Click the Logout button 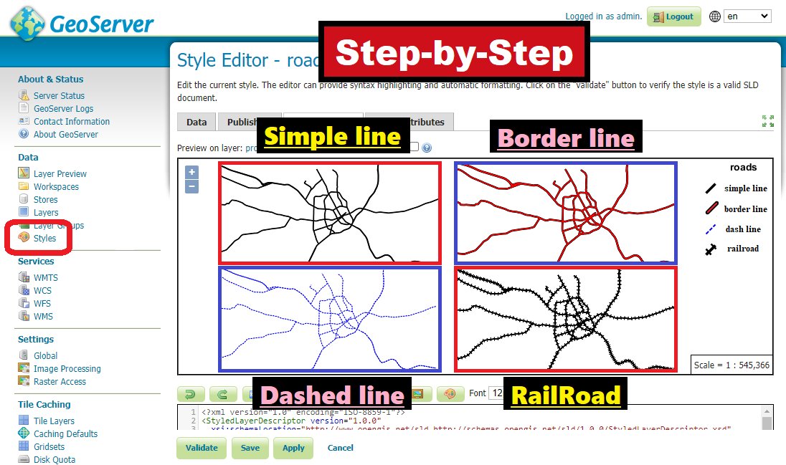tap(673, 16)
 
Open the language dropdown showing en tap(747, 16)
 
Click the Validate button tap(202, 448)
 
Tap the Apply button tap(293, 448)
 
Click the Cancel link tap(340, 448)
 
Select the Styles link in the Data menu tap(44, 239)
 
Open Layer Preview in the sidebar tap(60, 173)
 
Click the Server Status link tap(59, 96)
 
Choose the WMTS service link tap(45, 278)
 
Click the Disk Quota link tap(54, 460)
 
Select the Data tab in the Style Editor tap(196, 122)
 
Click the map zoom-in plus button tap(191, 172)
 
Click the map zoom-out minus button tap(191, 187)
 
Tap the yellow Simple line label tap(332, 137)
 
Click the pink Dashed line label tap(332, 396)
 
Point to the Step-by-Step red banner tap(455, 52)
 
